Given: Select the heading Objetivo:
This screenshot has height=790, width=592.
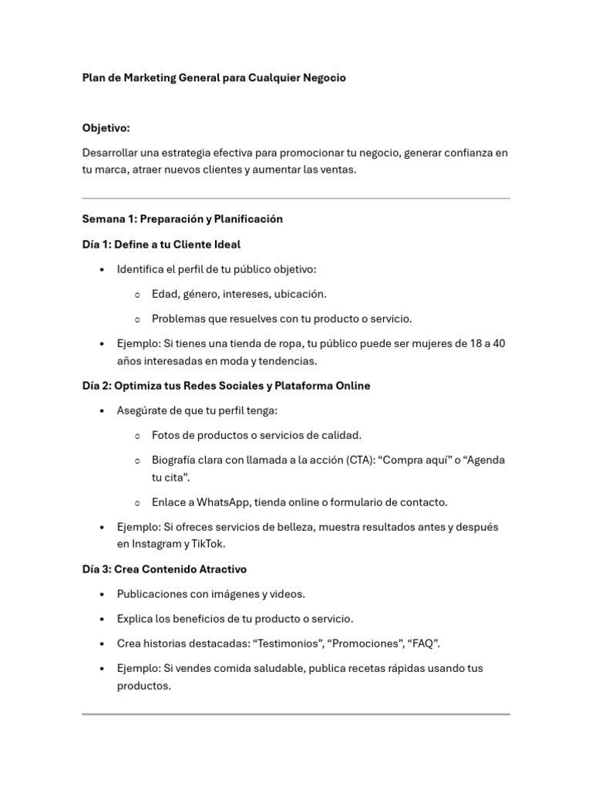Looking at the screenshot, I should (x=106, y=128).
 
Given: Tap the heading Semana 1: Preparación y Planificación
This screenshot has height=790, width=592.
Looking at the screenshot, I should (x=183, y=219).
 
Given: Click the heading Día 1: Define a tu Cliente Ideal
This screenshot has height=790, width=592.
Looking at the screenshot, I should (x=161, y=245).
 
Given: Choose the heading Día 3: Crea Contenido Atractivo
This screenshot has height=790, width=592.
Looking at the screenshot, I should (x=164, y=569).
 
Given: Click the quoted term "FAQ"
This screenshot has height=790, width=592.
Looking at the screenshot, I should (x=425, y=643).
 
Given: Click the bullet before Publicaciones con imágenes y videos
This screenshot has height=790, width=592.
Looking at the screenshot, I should (x=103, y=595).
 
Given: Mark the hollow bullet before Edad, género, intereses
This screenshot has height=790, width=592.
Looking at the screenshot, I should (x=136, y=295).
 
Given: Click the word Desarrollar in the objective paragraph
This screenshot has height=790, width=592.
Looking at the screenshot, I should (x=110, y=153).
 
